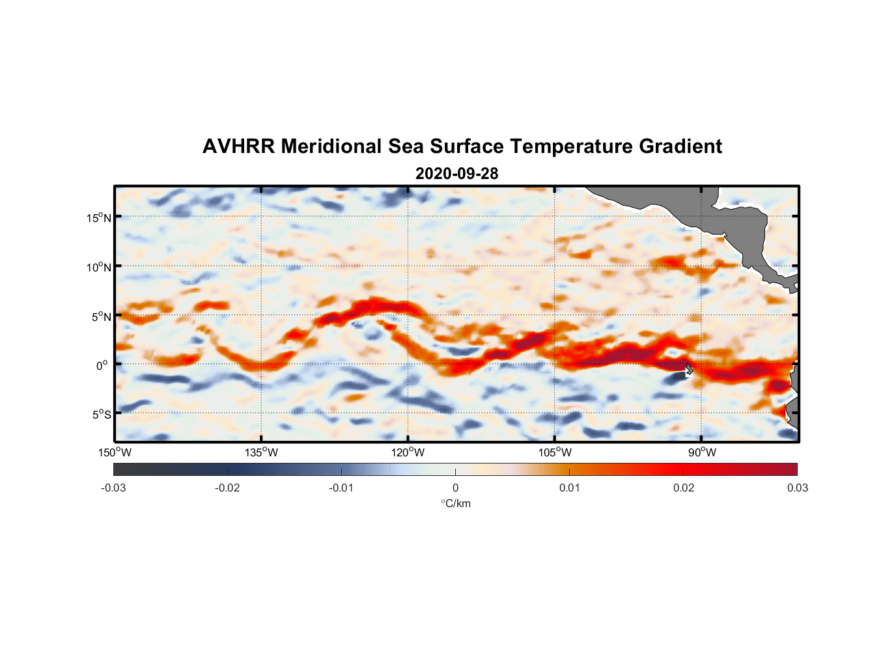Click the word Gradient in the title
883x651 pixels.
pos(680,146)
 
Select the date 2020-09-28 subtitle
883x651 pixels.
pos(456,174)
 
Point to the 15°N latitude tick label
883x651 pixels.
pos(99,217)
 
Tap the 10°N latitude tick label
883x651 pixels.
pos(99,267)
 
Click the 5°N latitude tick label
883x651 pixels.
pos(102,316)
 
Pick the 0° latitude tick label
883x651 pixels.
pos(102,365)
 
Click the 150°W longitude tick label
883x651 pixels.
pos(115,452)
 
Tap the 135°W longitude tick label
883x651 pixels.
pos(262,452)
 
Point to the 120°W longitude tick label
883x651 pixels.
pos(408,452)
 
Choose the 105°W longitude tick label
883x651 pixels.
pos(555,452)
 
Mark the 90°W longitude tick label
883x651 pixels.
pos(702,452)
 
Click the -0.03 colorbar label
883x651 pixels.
pos(113,488)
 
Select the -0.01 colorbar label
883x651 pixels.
pos(341,488)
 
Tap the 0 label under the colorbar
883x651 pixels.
pos(455,488)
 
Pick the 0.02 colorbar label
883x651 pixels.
pos(684,488)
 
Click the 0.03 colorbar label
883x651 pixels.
pos(797,488)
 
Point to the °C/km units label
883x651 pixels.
pos(455,503)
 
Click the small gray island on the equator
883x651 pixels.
pos(689,369)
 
